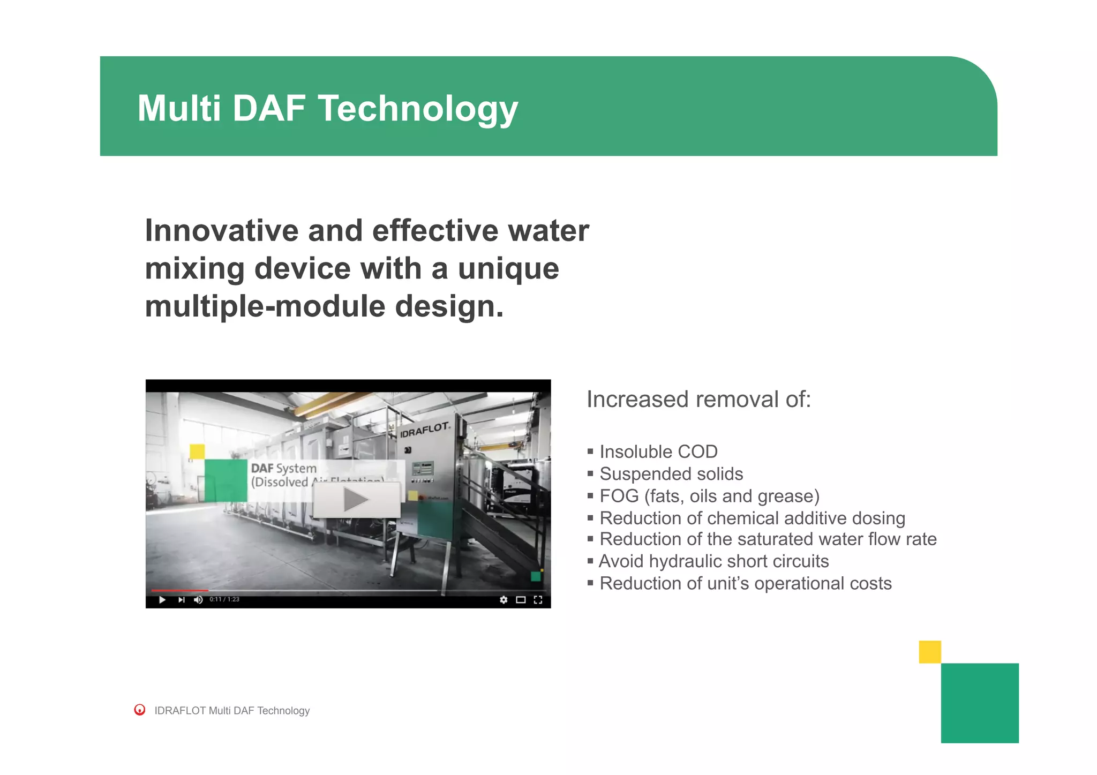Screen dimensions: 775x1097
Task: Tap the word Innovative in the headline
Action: click(216, 231)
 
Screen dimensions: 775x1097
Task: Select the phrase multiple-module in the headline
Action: click(265, 306)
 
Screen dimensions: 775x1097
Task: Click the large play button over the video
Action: click(356, 500)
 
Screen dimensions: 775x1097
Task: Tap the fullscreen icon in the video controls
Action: click(538, 600)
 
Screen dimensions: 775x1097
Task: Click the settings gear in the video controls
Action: click(503, 600)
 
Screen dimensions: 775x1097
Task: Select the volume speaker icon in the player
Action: click(198, 600)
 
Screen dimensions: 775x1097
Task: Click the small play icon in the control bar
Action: click(162, 600)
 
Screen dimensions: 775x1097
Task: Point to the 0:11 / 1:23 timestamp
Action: click(224, 600)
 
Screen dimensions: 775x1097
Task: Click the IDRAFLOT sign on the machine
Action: click(425, 429)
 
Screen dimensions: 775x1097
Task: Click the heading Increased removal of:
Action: click(698, 400)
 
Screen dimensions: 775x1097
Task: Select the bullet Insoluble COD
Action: click(658, 452)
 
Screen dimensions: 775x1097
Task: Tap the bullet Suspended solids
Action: click(671, 474)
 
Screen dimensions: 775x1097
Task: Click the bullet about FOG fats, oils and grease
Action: click(709, 496)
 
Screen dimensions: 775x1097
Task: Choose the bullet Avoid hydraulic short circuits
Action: click(713, 561)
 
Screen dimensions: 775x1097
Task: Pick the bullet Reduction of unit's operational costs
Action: click(745, 583)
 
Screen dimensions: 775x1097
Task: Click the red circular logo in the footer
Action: click(140, 710)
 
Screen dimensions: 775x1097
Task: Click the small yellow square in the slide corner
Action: click(929, 652)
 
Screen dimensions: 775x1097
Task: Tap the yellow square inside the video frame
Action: click(197, 452)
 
